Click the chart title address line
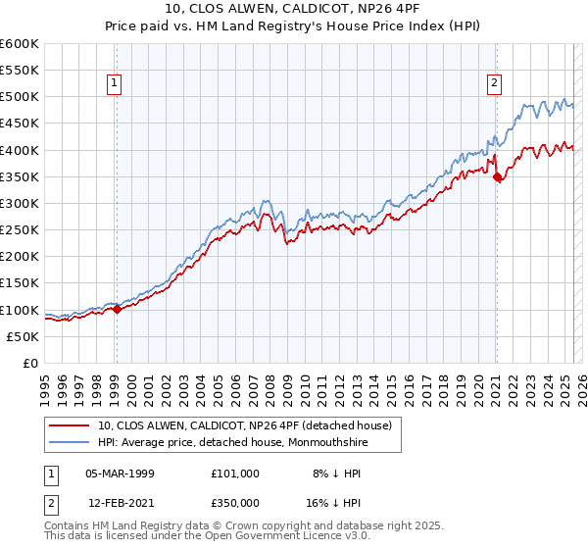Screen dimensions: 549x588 [x=294, y=9]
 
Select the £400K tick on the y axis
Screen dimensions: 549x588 [x=20, y=150]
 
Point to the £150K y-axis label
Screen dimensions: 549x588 [x=20, y=283]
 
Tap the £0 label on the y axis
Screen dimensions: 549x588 [x=31, y=363]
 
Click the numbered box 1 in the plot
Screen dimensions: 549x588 [x=116, y=84]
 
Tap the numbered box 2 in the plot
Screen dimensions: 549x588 [x=496, y=84]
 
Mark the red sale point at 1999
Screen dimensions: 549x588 [x=117, y=309]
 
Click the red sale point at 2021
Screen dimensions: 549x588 [x=497, y=177]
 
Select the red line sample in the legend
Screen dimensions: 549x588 [x=70, y=425]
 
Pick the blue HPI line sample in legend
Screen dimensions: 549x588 [x=70, y=442]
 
